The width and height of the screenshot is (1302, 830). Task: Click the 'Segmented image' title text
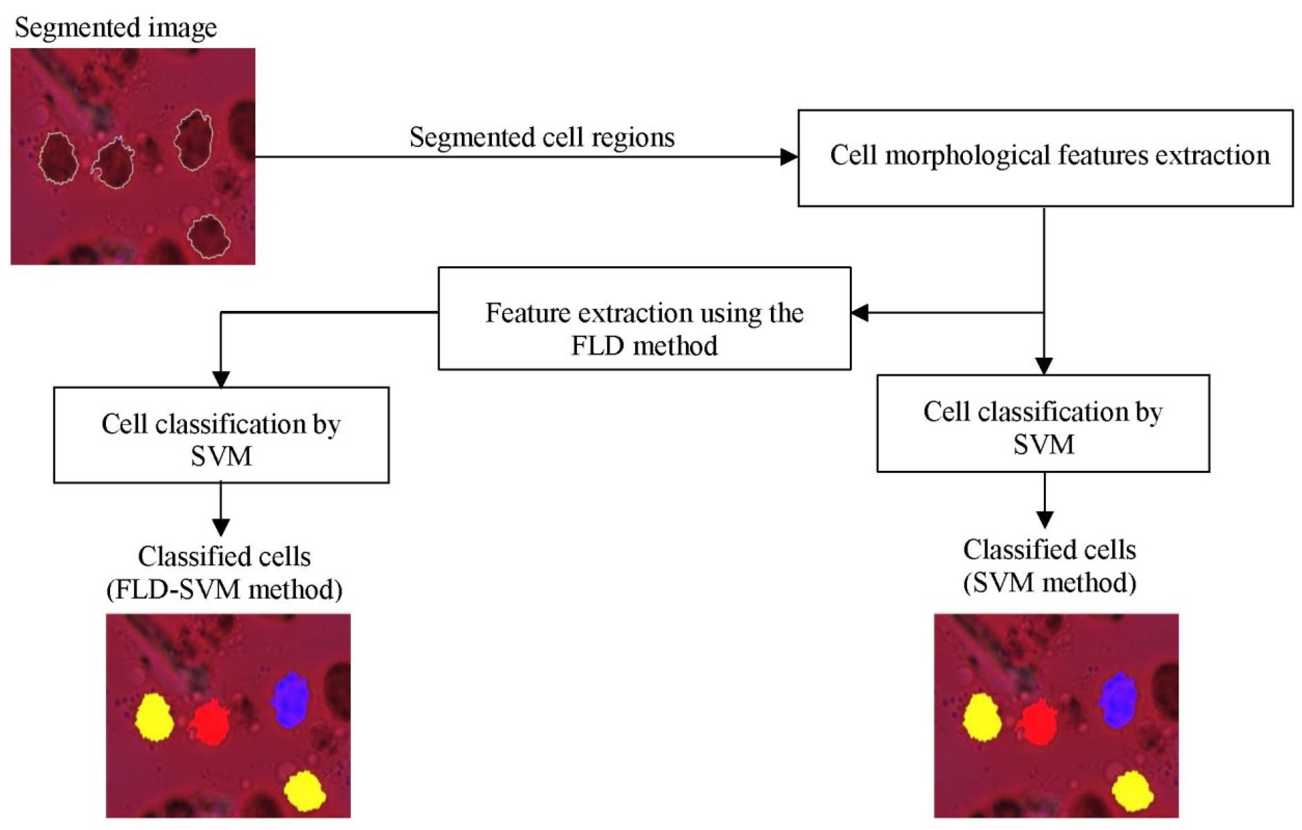click(x=115, y=27)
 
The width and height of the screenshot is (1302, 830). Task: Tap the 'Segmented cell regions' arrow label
click(x=542, y=137)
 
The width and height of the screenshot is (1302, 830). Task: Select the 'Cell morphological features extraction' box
click(x=1045, y=158)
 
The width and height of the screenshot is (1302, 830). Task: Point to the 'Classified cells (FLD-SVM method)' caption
click(x=224, y=573)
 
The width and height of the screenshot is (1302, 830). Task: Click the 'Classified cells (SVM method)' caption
click(x=1049, y=566)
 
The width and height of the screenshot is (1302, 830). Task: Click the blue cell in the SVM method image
click(x=1118, y=700)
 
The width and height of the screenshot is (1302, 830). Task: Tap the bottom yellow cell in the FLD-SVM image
click(x=305, y=791)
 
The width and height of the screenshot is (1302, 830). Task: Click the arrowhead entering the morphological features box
click(x=789, y=157)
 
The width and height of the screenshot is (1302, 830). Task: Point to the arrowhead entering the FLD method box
click(x=860, y=312)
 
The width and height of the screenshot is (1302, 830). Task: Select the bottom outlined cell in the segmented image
click(x=209, y=236)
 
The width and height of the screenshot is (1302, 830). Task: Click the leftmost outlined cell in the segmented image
click(x=58, y=159)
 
